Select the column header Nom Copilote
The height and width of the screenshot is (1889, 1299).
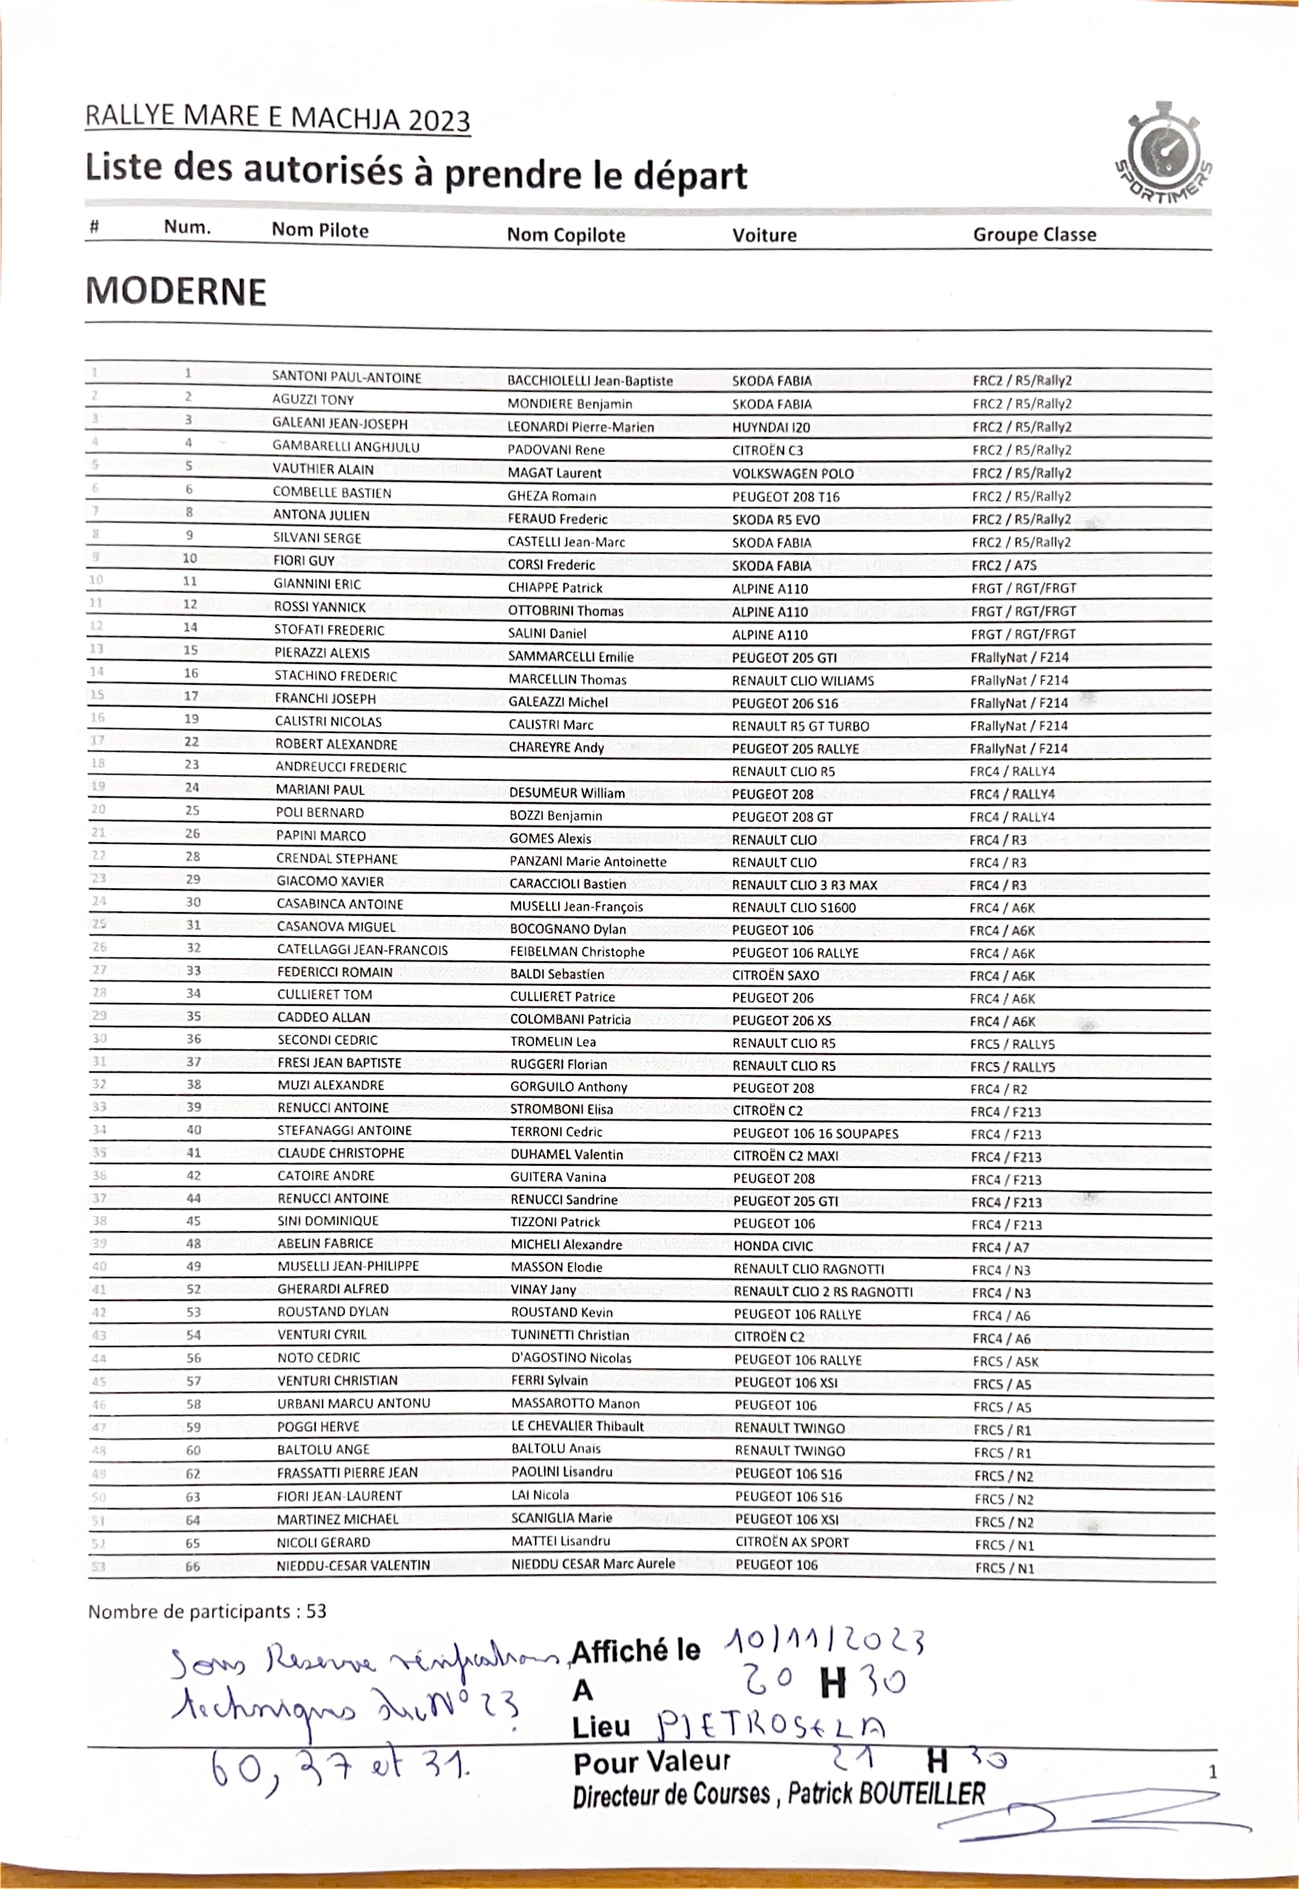pos(566,236)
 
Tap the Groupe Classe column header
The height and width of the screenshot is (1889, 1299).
pos(1034,234)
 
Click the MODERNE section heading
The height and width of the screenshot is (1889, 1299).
pos(176,291)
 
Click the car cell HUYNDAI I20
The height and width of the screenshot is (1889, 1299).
pos(770,427)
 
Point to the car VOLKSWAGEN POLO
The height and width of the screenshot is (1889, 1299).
pos(792,474)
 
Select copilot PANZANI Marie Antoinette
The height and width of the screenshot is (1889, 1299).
pos(588,862)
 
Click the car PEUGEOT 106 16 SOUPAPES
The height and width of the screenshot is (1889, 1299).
pos(814,1134)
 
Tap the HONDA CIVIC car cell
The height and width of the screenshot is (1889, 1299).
pos(772,1247)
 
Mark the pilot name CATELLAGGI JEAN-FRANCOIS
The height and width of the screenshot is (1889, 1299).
pos(361,950)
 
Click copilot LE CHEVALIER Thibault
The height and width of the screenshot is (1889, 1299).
pos(577,1427)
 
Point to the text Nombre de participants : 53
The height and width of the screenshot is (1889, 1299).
pos(207,1612)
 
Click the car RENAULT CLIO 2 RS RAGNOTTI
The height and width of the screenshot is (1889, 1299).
pos(822,1292)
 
